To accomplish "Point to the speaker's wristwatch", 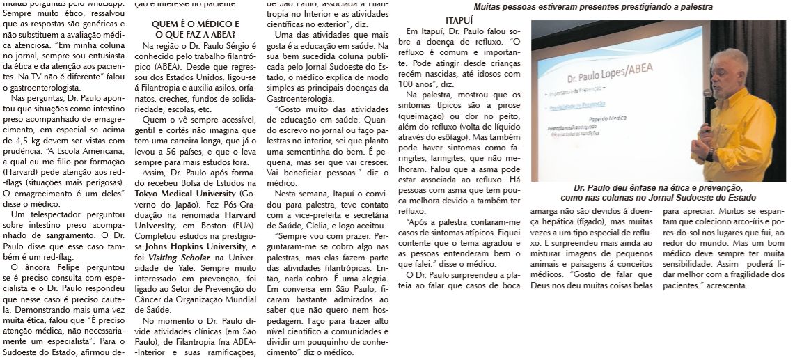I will click(710, 155).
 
